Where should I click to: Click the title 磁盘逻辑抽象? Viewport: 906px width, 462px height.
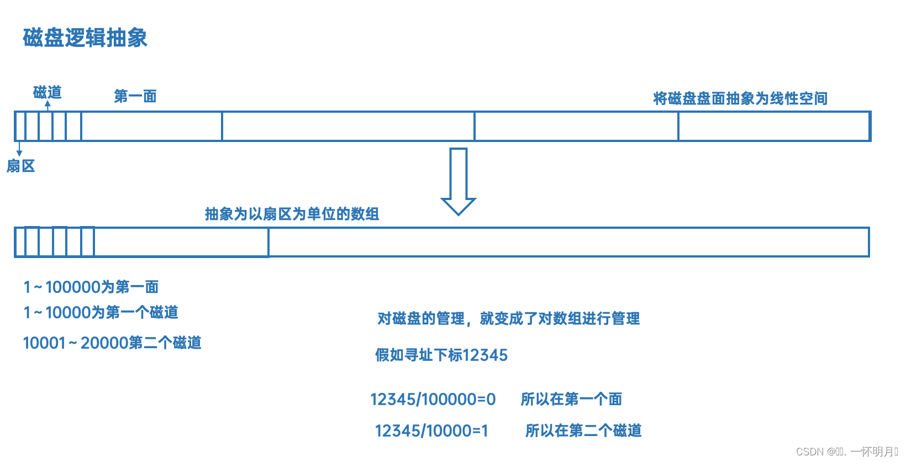tap(85, 38)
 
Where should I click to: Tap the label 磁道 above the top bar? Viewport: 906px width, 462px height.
tap(47, 92)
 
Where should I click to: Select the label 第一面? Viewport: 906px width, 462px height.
tap(135, 96)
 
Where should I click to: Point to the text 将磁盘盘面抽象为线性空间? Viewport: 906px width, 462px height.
tap(740, 98)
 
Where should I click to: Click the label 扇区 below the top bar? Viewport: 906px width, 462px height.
tap(21, 166)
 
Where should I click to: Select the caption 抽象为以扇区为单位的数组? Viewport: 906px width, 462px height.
tap(292, 214)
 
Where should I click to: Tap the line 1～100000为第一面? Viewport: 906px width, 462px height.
tap(91, 287)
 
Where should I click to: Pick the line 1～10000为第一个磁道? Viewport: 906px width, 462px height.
tap(101, 312)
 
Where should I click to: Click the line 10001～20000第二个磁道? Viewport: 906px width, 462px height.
tap(112, 343)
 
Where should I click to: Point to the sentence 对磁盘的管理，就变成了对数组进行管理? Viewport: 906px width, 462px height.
tap(508, 318)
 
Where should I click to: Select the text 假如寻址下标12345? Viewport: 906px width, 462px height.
tap(441, 355)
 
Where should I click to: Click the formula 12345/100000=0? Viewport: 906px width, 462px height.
tap(433, 399)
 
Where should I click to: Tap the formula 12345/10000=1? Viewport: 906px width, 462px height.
tap(431, 431)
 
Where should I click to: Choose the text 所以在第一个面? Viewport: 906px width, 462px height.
tap(571, 399)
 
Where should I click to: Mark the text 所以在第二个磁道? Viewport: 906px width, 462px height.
tap(583, 431)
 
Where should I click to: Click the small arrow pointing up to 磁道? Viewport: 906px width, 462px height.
tap(48, 106)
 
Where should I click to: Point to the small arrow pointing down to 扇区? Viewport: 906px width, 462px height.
tap(19, 149)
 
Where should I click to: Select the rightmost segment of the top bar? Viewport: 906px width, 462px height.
tap(773, 126)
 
